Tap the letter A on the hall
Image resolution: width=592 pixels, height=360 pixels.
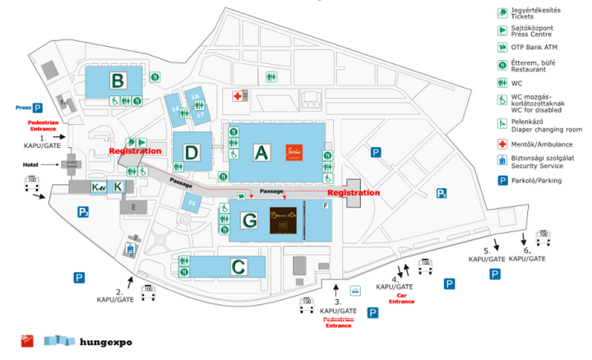click(262, 151)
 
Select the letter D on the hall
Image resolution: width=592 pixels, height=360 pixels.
click(192, 152)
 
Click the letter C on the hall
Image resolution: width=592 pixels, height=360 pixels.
click(238, 266)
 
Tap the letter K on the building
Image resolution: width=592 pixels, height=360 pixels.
click(118, 187)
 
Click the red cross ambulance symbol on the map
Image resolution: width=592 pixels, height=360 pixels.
click(238, 96)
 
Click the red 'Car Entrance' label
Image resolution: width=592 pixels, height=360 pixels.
click(402, 298)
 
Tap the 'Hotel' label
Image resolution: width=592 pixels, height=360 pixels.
click(54, 164)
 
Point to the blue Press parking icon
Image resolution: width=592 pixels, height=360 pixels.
click(37, 108)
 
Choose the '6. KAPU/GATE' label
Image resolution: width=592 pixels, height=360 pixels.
click(526, 255)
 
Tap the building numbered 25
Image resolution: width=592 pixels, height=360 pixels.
click(192, 202)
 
